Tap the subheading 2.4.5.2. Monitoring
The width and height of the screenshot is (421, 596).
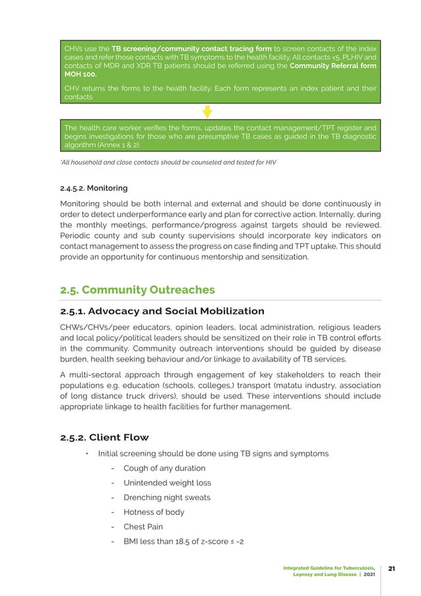(x=94, y=188)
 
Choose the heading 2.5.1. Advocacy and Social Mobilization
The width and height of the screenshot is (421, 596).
(x=162, y=311)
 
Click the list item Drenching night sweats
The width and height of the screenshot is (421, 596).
(x=167, y=497)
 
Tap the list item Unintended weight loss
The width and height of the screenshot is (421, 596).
(x=167, y=482)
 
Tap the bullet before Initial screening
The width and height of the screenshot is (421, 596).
(x=86, y=453)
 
